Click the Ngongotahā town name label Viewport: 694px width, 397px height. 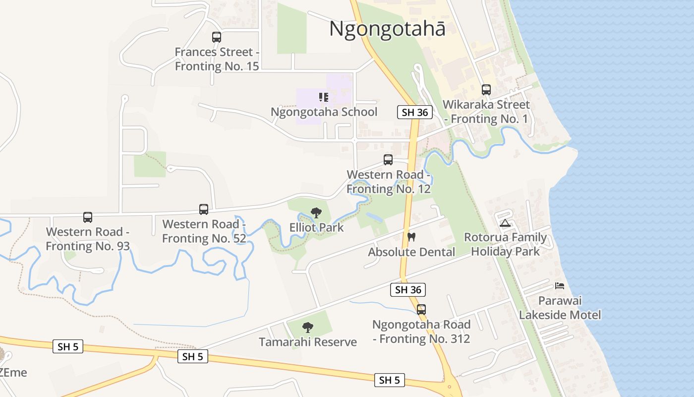387,29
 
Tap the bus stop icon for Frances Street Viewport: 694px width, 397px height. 217,37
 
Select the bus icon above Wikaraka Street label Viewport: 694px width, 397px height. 486,90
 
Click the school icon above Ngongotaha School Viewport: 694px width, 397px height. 324,97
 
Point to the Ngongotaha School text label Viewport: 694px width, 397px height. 324,112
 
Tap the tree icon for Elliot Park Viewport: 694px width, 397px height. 316,213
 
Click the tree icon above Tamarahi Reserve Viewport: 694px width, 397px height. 308,328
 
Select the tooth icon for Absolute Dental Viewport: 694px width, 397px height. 411,237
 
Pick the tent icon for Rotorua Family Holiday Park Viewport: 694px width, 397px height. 505,223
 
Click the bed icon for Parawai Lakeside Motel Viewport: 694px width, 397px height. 560,286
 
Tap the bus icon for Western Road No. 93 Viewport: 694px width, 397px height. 88,217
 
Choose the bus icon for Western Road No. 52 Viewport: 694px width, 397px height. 204,209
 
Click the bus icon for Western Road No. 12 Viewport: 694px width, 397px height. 388,160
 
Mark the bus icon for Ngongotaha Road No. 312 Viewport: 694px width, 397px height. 421,310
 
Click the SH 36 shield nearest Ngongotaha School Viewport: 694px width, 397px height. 415,112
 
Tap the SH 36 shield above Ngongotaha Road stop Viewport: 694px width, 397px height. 408,290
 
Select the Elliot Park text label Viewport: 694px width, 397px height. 316,228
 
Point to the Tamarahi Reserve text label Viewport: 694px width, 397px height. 308,342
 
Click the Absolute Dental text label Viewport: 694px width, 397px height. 411,252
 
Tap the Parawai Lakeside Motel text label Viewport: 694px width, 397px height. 560,308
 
